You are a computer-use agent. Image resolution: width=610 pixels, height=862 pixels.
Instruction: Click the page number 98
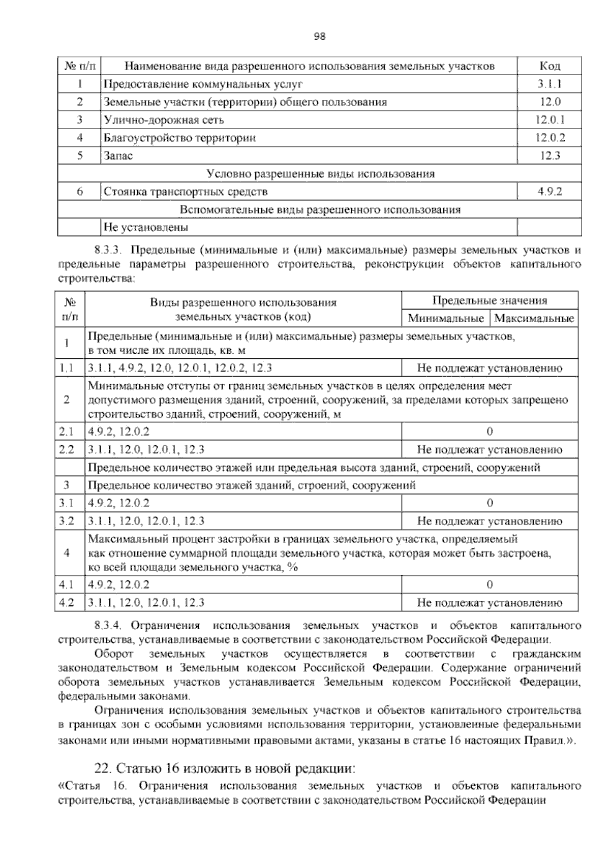pos(320,36)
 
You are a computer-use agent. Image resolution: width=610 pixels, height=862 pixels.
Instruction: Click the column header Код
pos(550,66)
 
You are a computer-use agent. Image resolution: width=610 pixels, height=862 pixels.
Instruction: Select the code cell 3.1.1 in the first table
pos(550,84)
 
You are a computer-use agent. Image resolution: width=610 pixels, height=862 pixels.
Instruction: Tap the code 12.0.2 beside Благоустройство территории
pos(550,138)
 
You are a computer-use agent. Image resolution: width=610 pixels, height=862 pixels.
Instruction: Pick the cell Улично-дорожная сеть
pos(164,120)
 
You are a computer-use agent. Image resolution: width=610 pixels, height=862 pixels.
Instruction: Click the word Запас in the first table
pos(118,156)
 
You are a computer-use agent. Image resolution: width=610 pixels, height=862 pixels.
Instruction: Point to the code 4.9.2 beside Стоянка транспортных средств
pos(550,192)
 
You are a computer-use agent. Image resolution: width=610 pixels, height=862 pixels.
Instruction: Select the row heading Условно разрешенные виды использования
pos(321,174)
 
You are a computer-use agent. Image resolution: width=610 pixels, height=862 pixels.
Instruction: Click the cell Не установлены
pos(145,227)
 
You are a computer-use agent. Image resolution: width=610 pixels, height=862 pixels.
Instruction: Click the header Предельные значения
pos(490,300)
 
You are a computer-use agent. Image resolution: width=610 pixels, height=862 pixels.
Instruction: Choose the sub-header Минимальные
pos(446,319)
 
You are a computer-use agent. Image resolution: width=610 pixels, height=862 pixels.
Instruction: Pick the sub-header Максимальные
pos(534,319)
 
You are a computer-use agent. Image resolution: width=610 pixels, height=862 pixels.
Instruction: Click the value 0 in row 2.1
pos(490,432)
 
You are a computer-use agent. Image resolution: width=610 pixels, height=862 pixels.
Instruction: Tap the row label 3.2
pos(67,521)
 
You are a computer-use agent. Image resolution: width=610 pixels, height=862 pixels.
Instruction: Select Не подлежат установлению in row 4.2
pos(490,603)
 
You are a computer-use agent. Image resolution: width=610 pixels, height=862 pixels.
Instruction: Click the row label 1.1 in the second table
pos(67,368)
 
